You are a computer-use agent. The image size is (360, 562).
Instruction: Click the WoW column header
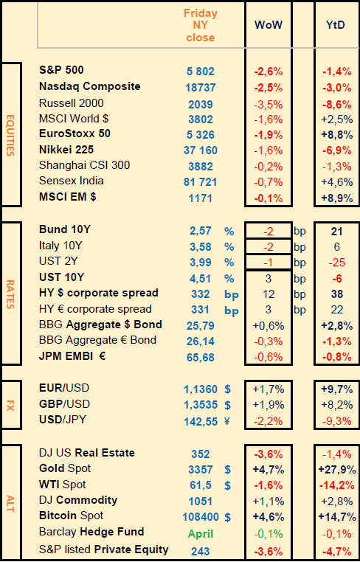pos(269,25)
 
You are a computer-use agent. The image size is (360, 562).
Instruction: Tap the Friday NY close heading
pos(201,26)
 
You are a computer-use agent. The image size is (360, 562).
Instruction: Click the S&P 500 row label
pos(61,70)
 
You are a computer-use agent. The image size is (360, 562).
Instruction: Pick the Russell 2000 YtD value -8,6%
pos(337,104)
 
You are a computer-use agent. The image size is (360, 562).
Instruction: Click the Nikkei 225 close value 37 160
pos(201,150)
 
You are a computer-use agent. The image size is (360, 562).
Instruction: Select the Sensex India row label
pos(72,180)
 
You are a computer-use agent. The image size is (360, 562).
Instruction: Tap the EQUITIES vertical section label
pos(10,135)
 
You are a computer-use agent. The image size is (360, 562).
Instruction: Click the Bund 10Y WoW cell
pos(269,232)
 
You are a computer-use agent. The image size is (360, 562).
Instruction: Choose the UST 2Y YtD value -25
pos(337,263)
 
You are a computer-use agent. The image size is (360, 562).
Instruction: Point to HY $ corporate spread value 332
pos(201,294)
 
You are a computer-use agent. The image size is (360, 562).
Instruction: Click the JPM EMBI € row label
pos(72,357)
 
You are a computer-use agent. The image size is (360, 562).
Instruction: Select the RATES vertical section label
pos(10,294)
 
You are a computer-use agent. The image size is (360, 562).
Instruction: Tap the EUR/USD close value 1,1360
pos(201,389)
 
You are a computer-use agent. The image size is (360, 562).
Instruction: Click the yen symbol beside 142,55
pos(227,422)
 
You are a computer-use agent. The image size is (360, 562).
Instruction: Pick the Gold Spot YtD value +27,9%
pos(338,469)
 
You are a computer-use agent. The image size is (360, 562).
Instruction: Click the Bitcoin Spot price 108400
pos(201,517)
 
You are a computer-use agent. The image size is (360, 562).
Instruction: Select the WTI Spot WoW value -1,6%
pos(269,485)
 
